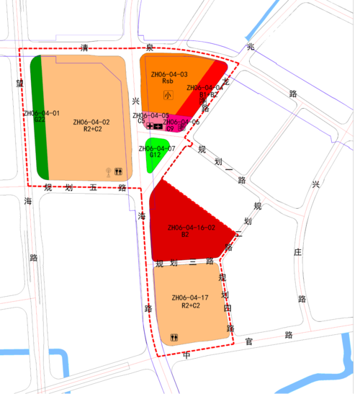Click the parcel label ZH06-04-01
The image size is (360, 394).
click(x=41, y=113)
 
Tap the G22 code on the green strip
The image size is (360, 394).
click(x=40, y=120)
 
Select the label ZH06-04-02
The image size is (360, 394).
click(x=91, y=122)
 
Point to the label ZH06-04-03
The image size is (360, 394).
click(x=169, y=74)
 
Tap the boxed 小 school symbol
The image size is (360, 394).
click(x=168, y=94)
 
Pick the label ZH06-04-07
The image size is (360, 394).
click(x=157, y=148)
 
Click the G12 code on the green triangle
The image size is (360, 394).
click(x=155, y=155)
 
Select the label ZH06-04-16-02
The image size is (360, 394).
click(x=191, y=228)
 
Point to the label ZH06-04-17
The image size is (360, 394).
click(x=190, y=297)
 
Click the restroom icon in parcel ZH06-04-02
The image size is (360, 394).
click(x=118, y=172)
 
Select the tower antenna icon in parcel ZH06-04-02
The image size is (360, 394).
click(x=107, y=172)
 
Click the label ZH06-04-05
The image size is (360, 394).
click(x=150, y=115)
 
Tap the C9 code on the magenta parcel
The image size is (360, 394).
click(x=170, y=127)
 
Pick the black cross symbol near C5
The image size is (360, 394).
click(x=150, y=126)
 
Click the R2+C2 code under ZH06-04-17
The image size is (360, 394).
click(x=190, y=305)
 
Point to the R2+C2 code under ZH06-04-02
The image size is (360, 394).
click(x=92, y=130)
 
